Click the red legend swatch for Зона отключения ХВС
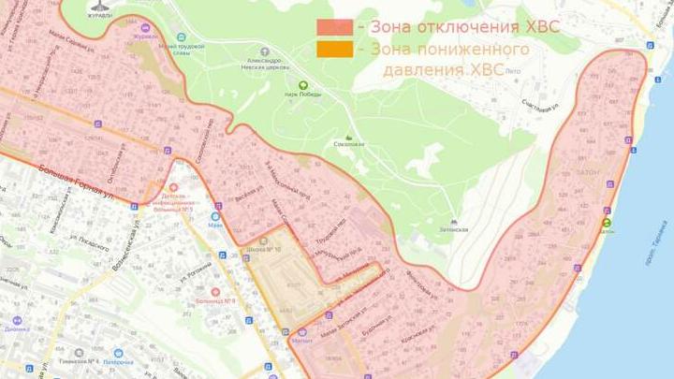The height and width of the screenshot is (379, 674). click(x=334, y=26)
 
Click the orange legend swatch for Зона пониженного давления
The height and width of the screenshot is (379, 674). click(x=334, y=49)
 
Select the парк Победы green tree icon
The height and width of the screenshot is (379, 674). click(x=303, y=85)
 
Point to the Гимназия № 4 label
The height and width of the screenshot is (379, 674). click(x=78, y=360)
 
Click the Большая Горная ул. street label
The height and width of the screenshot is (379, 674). click(x=80, y=177)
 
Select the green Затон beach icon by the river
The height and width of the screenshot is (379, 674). click(x=607, y=223)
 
